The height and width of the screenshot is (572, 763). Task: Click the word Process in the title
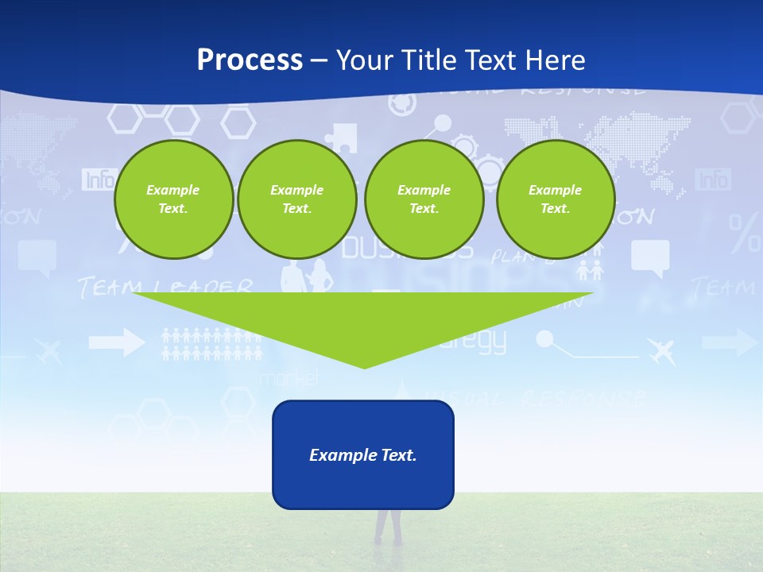[x=250, y=60]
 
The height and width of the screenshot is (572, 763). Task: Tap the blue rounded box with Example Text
[x=363, y=454]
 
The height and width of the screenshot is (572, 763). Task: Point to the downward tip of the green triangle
[x=364, y=366]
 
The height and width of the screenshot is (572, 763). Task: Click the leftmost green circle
[x=173, y=199]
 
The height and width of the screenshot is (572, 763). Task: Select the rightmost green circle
[x=556, y=199]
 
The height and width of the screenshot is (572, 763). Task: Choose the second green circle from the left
[x=297, y=199]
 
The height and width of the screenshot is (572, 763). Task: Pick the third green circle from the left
[x=424, y=199]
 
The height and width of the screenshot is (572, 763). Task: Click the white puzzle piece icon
[x=343, y=137]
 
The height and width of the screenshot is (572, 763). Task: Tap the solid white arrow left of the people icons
[x=116, y=343]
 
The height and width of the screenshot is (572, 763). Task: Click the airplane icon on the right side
[x=661, y=350]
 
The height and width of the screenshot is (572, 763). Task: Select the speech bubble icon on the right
[x=650, y=257]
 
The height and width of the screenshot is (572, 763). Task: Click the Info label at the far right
[x=713, y=180]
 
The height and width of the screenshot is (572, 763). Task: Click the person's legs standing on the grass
[x=388, y=526]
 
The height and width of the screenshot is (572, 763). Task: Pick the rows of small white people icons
[x=211, y=345]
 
